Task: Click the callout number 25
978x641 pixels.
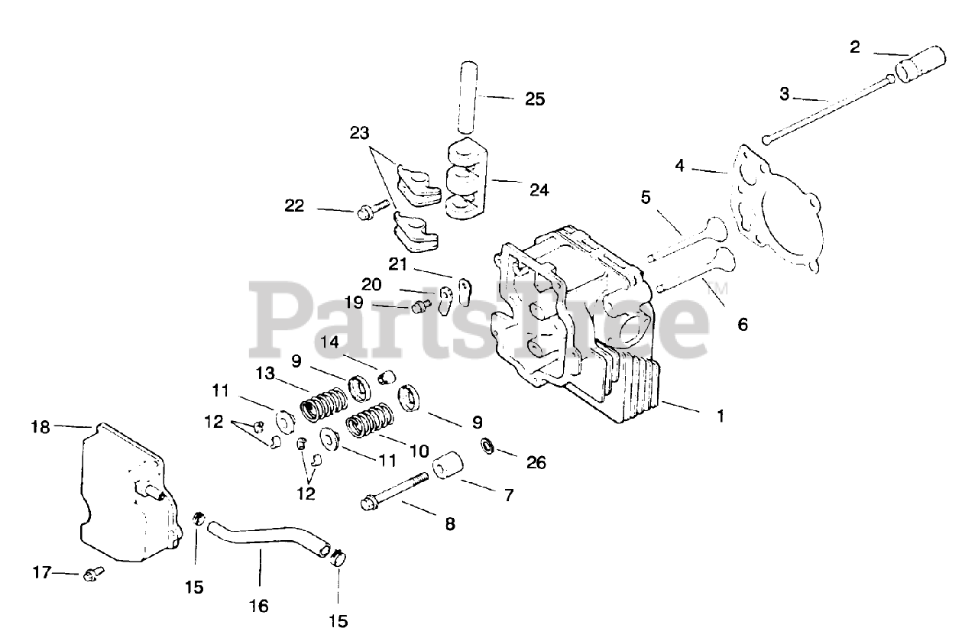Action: pos(535,99)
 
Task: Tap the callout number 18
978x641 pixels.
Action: pos(40,427)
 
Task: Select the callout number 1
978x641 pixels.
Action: pos(720,416)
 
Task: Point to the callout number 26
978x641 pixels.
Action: pos(536,462)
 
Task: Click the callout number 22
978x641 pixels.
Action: pos(294,206)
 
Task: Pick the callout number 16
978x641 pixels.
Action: pos(259,606)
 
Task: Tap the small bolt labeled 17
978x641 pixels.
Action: pos(92,571)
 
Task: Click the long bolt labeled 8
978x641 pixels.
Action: pos(393,491)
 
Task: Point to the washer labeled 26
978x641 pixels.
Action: pos(487,445)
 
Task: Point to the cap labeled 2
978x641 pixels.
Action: pos(921,63)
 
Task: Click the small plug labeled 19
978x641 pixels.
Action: pos(419,307)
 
